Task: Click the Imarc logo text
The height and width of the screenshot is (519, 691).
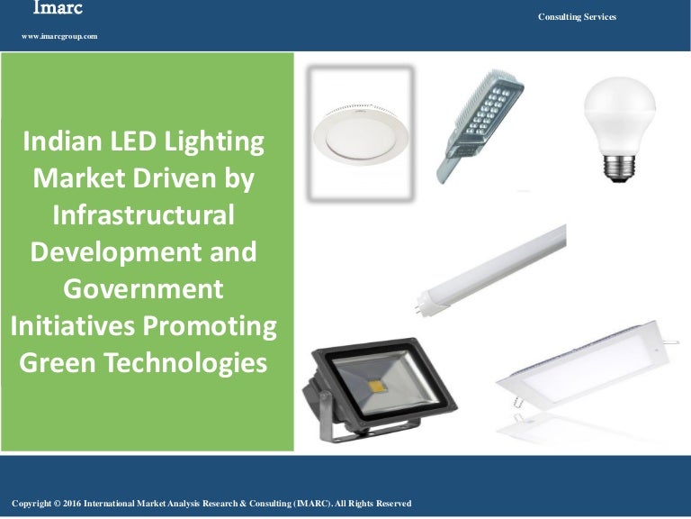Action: coord(57,9)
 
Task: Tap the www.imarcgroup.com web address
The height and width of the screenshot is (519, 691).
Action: coord(59,36)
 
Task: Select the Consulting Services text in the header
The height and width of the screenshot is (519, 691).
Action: coord(577,17)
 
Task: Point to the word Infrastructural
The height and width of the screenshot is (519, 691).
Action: coord(144,215)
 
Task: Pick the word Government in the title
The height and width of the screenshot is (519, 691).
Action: coord(144,289)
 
